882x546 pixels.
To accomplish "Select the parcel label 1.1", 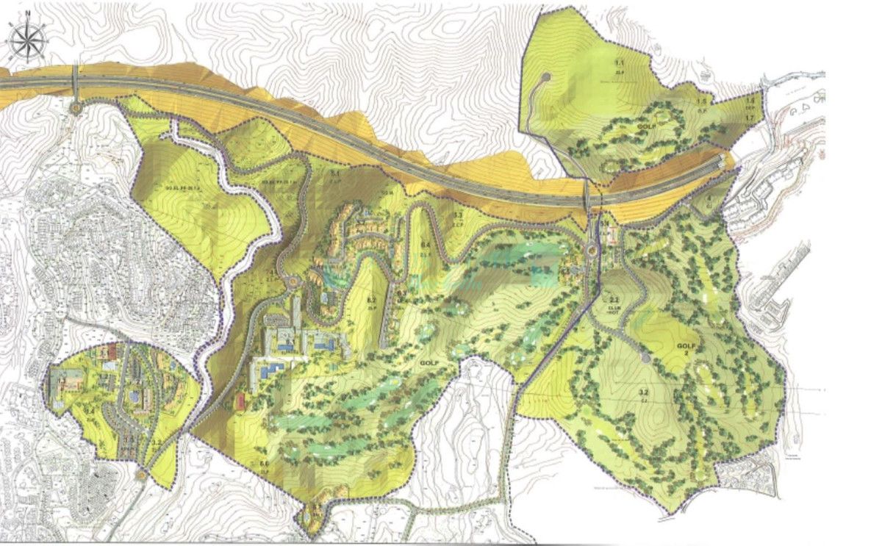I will tap(620, 68).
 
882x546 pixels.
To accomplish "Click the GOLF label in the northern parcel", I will tap(647, 127).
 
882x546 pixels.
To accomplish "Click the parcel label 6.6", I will tap(264, 463).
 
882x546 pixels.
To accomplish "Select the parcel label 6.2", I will tap(371, 301).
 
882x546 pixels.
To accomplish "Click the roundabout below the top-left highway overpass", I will tap(76, 108).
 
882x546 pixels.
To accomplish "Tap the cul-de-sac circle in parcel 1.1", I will tap(545, 76).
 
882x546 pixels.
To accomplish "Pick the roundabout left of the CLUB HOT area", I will tap(589, 251).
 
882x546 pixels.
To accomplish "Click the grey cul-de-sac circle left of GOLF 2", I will tap(645, 358).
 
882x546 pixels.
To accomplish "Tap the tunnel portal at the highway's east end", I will tap(727, 162).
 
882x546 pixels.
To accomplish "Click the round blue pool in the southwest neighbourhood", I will tap(134, 396).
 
